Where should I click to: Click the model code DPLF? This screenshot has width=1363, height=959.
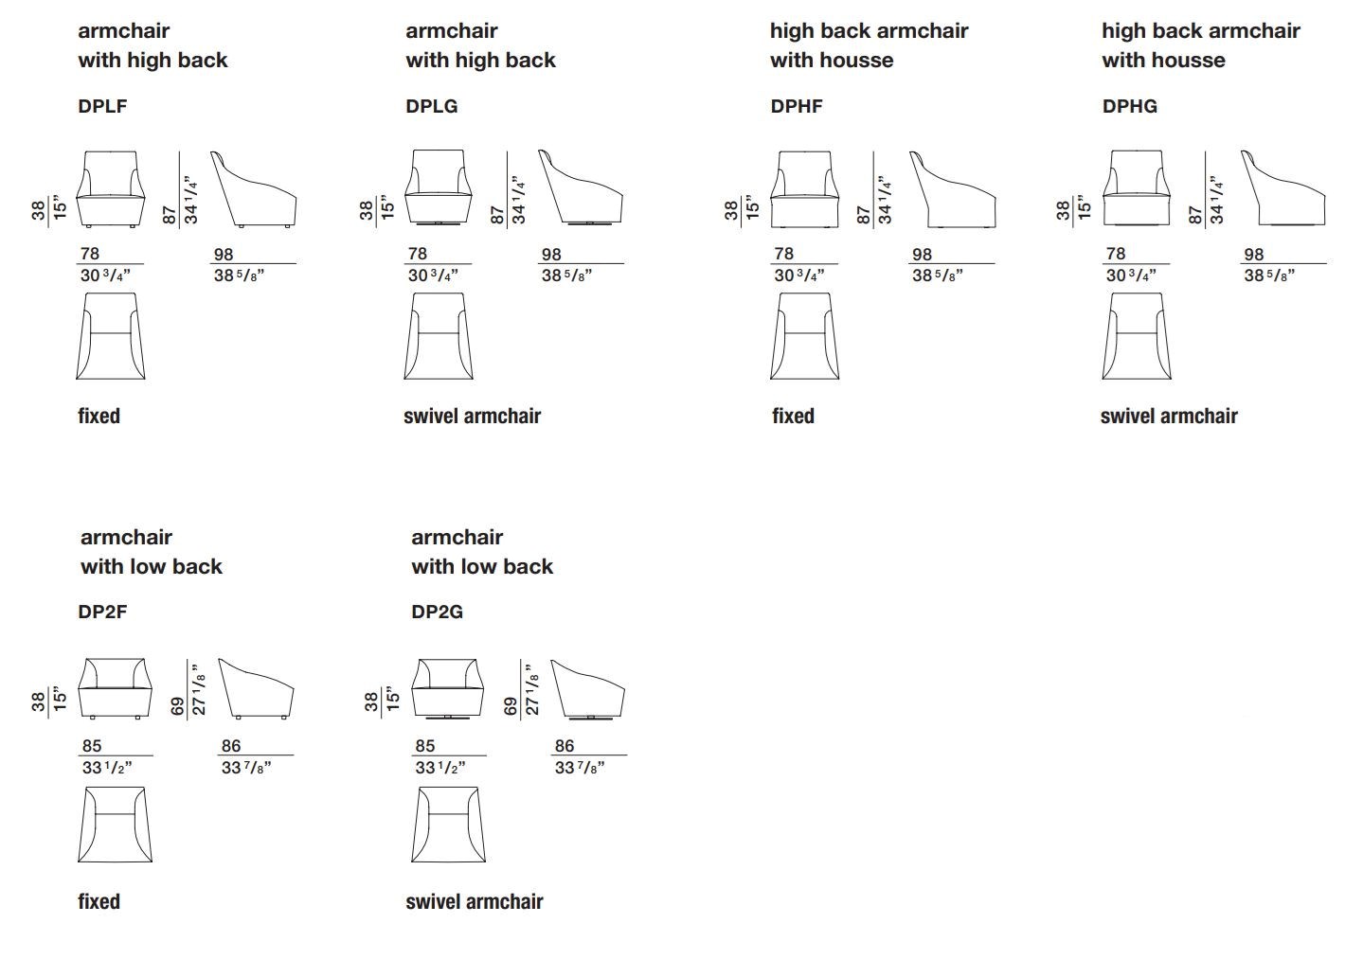click(102, 106)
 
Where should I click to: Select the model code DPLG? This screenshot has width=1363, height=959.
click(431, 106)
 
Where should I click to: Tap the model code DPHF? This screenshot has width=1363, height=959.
click(797, 106)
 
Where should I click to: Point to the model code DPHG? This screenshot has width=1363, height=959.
click(1129, 106)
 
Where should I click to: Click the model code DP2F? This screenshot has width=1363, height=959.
click(102, 612)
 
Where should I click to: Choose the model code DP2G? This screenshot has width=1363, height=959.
click(437, 612)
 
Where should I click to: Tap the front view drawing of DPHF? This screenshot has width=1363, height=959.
click(805, 188)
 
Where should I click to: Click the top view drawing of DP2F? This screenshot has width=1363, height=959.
click(115, 825)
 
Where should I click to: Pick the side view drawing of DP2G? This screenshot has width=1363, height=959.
click(588, 688)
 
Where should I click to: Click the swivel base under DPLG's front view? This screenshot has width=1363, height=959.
click(438, 224)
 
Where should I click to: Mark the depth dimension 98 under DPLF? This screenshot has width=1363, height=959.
click(224, 255)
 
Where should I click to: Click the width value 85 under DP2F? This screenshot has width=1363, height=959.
click(91, 746)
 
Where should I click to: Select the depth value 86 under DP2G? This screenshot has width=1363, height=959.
click(565, 746)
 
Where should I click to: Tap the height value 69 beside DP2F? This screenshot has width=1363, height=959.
click(176, 705)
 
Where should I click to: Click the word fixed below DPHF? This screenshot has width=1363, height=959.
click(793, 416)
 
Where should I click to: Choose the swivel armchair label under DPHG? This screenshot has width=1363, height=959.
click(1169, 416)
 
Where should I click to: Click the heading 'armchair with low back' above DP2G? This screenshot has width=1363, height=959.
click(481, 551)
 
